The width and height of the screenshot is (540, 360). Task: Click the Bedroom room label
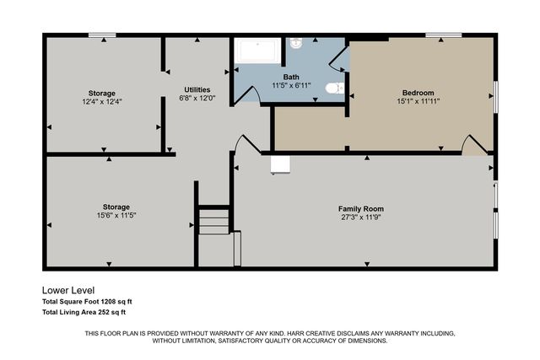(418, 93)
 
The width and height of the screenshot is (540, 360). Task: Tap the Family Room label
(361, 208)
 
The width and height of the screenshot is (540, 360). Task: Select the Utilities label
(197, 89)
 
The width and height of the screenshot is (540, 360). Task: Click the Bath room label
(291, 78)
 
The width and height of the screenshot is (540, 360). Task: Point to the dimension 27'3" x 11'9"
(361, 217)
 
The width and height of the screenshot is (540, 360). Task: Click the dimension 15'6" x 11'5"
(116, 215)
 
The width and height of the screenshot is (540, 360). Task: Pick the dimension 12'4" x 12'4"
(102, 101)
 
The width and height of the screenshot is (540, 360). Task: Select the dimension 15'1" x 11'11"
(418, 100)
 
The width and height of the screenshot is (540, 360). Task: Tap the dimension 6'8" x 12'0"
(197, 98)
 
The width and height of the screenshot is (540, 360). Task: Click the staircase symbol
(214, 223)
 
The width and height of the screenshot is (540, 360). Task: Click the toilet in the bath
(333, 88)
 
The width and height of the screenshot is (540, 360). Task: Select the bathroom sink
(297, 44)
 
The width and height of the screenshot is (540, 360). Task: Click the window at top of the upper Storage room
(102, 35)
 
